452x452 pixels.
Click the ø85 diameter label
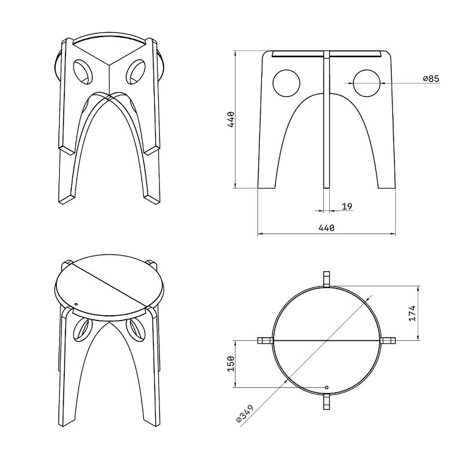[431, 79]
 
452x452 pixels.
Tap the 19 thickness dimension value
[347, 206]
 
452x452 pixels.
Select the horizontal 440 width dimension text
[326, 228]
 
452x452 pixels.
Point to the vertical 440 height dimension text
[232, 119]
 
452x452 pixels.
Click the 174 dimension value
[412, 313]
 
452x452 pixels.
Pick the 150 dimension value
[231, 363]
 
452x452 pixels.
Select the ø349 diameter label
[245, 414]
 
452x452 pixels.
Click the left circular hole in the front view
[286, 83]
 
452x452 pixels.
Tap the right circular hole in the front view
[367, 83]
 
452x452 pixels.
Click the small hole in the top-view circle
[327, 387]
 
